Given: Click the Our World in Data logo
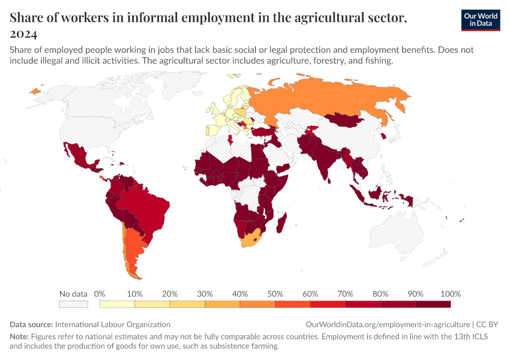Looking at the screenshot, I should point(480,20).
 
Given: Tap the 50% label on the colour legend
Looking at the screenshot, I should point(275,294).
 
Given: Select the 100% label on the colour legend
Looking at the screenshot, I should point(450,294).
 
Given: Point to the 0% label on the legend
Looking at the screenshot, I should point(100,294).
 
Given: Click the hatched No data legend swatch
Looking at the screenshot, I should point(74,304).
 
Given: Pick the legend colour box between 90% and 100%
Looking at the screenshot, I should point(433,304).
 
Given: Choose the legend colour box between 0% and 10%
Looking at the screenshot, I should point(117,304).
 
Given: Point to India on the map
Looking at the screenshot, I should point(324,159).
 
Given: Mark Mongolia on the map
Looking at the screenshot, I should point(345,120).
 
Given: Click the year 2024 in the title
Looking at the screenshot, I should point(23,34).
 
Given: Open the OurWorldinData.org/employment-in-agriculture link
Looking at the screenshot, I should point(388,324).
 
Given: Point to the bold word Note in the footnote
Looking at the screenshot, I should point(19,337).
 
